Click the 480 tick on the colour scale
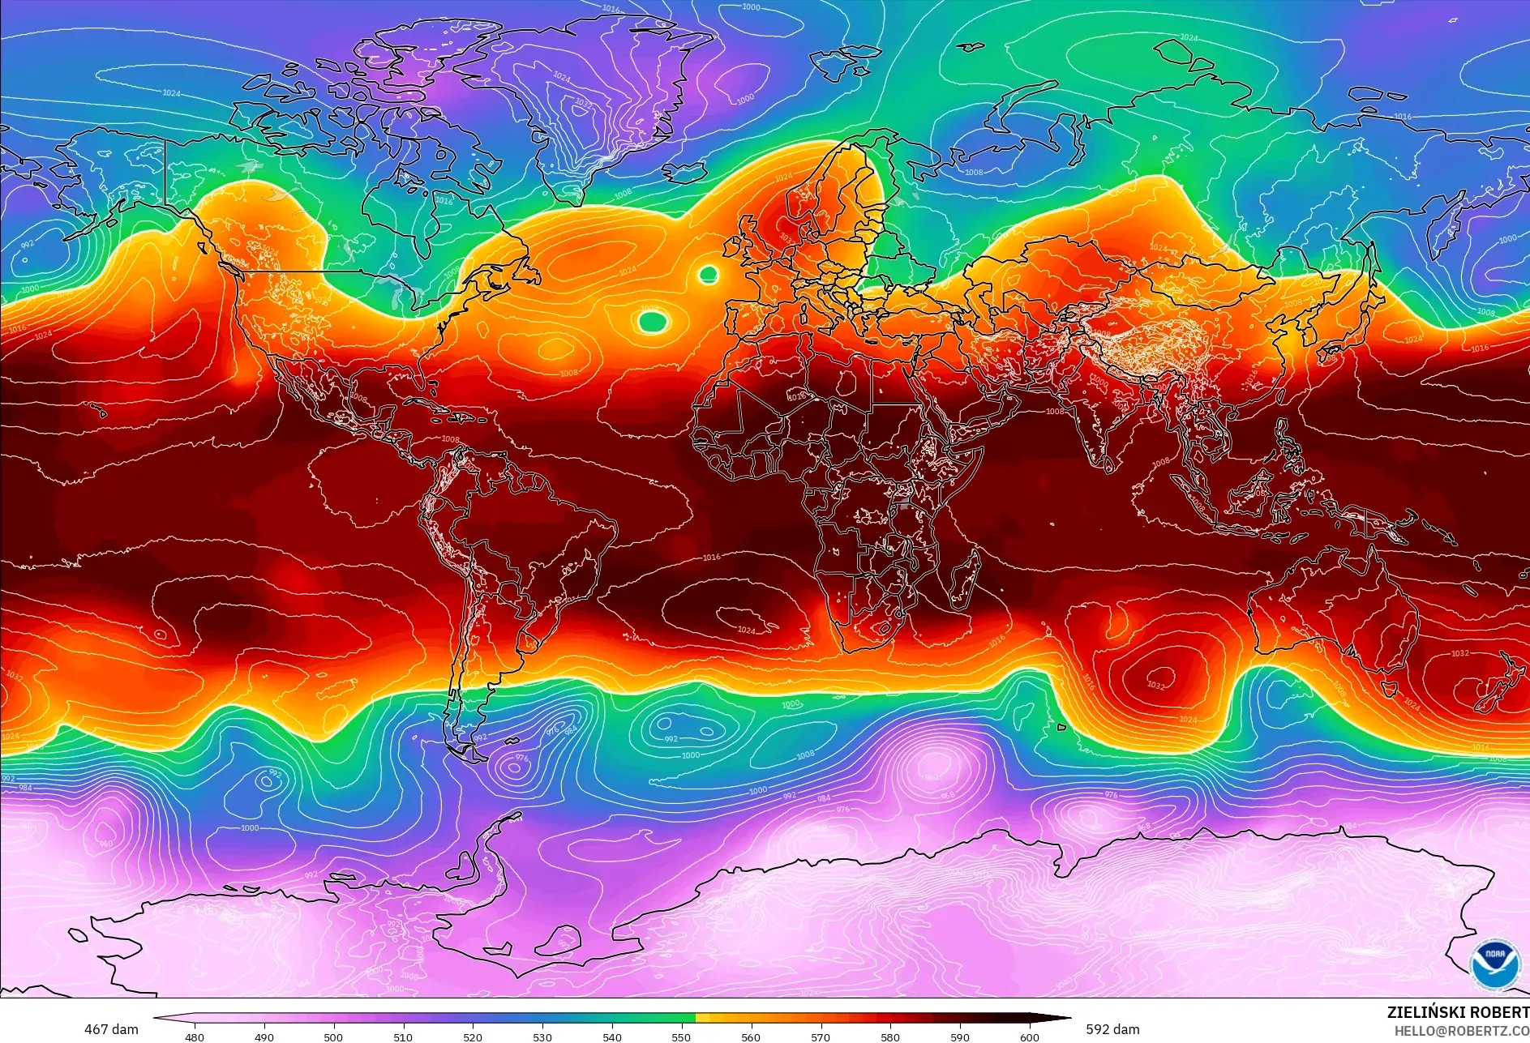[x=195, y=1037]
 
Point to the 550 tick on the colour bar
[x=681, y=1037]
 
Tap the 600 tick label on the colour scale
[x=1030, y=1037]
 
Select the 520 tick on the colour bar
[x=473, y=1037]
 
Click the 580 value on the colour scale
[x=890, y=1037]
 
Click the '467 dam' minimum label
[x=111, y=1029]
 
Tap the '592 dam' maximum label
[x=1112, y=1029]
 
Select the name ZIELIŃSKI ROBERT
[x=1457, y=1012]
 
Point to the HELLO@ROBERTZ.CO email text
[x=1461, y=1031]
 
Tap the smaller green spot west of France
[x=708, y=275]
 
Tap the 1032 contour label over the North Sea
[x=785, y=239]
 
